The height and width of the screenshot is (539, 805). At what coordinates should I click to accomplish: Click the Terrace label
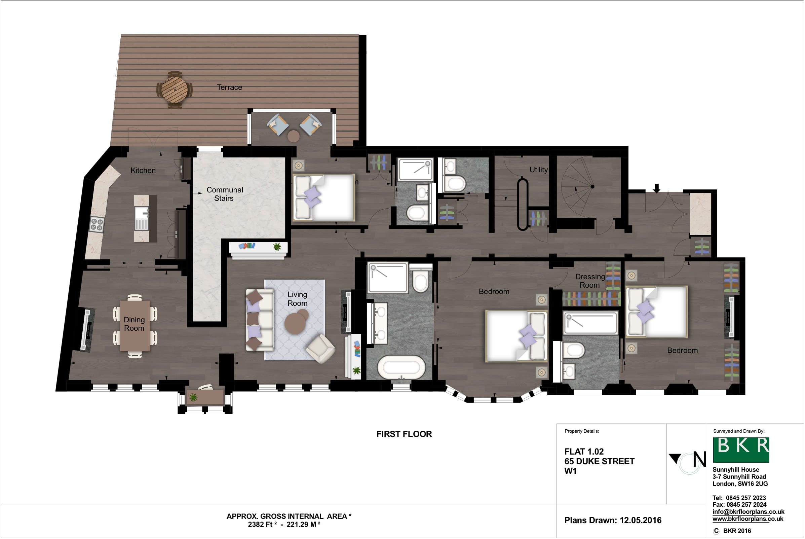click(x=229, y=87)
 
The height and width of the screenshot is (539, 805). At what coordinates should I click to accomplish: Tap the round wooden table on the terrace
click(x=175, y=90)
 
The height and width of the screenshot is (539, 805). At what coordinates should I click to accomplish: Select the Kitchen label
click(x=143, y=171)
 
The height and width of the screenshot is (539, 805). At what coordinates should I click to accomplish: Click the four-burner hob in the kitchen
click(x=97, y=224)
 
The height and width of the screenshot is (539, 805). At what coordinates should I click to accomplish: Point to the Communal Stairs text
click(x=225, y=194)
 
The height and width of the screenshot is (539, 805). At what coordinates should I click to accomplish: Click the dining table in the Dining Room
click(x=135, y=326)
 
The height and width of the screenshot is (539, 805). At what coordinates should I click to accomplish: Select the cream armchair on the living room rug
click(x=320, y=349)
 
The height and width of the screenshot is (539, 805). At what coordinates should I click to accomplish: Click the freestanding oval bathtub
click(x=401, y=367)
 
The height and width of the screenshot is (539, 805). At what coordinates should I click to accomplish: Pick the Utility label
click(x=538, y=170)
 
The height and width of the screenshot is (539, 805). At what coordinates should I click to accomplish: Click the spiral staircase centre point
click(x=592, y=187)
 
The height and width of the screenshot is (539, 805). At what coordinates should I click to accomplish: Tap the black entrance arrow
click(x=657, y=188)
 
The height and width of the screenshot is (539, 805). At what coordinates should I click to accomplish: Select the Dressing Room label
click(x=590, y=281)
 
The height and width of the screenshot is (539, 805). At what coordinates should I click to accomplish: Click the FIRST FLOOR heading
click(x=404, y=434)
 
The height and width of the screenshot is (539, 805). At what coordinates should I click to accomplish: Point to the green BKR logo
click(x=741, y=450)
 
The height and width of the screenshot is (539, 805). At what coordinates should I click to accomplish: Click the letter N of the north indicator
click(x=699, y=460)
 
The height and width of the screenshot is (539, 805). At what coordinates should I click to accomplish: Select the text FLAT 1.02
click(x=584, y=452)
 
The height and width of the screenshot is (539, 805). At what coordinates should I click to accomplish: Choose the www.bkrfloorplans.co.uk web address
click(x=747, y=519)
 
